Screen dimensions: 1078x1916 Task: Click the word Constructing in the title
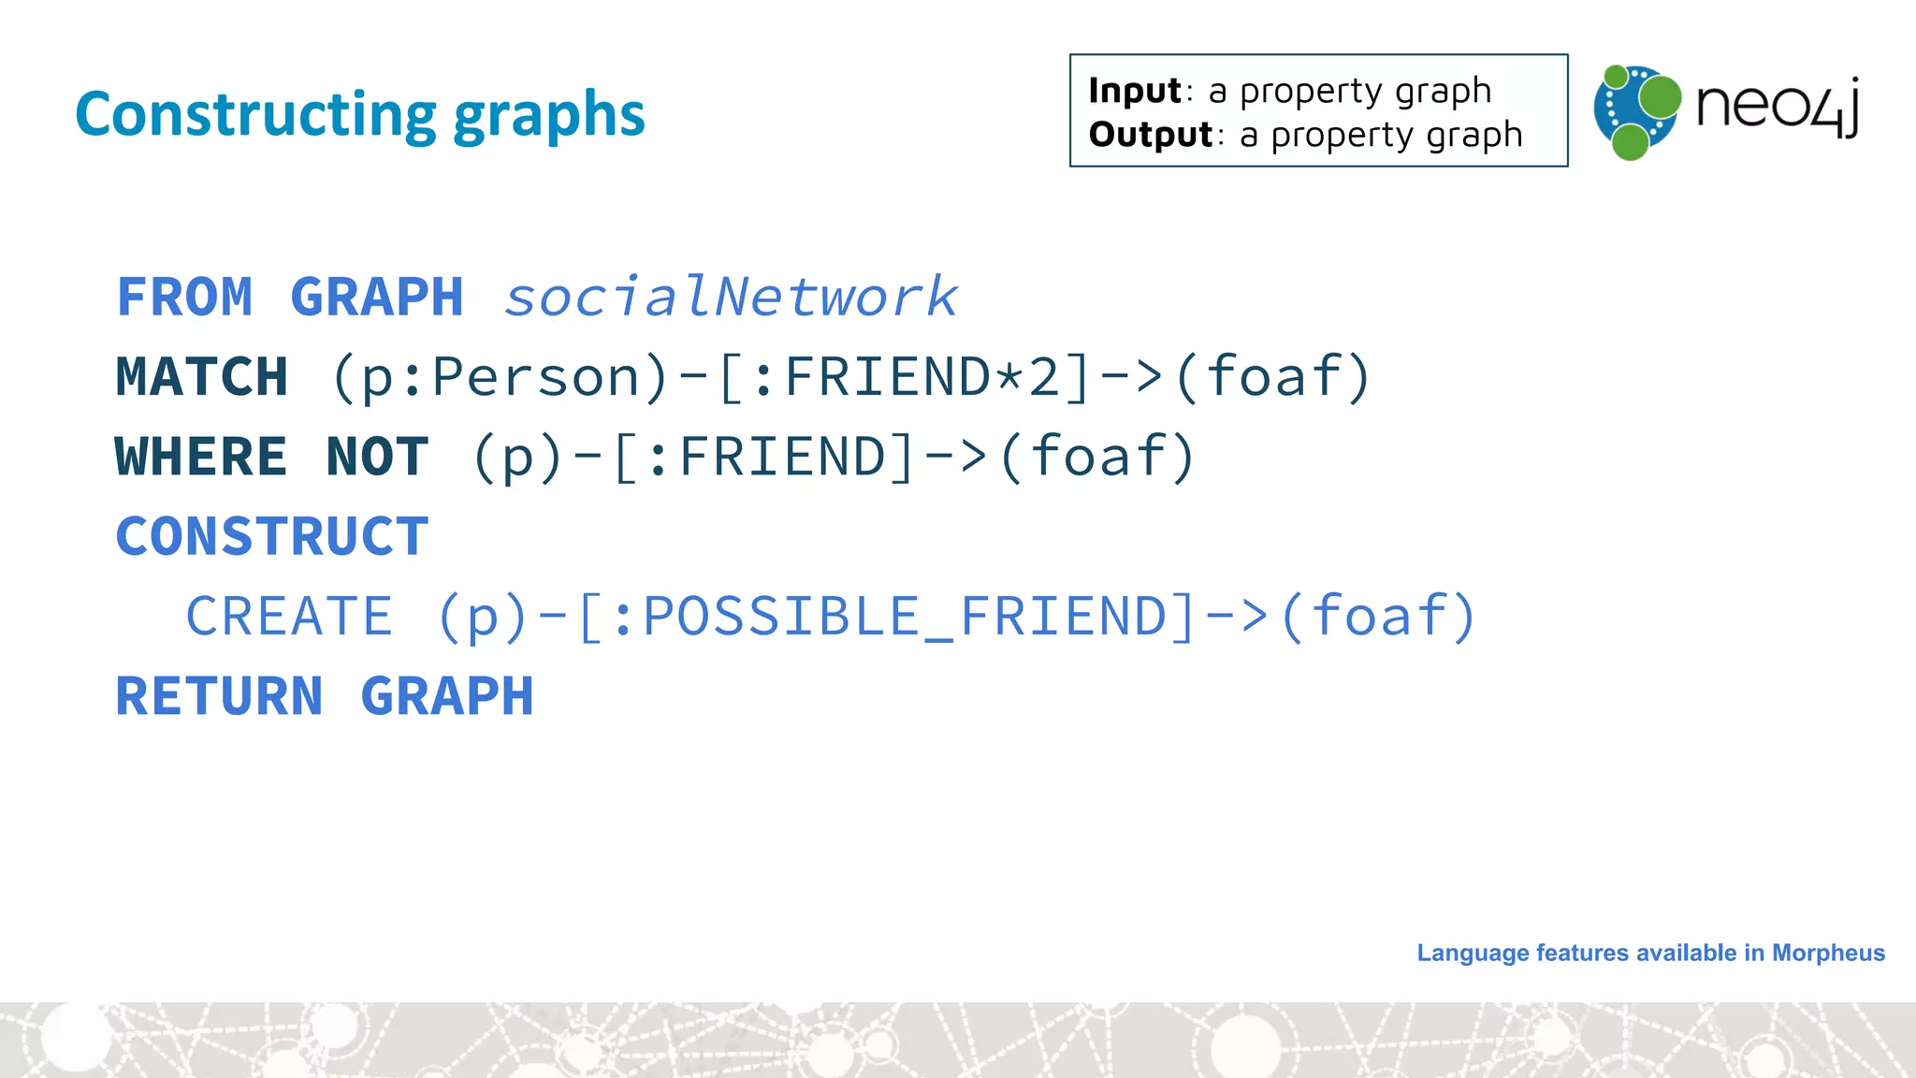pos(255,115)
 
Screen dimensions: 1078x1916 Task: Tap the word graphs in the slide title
pos(549,115)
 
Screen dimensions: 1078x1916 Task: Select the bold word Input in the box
pos(1135,92)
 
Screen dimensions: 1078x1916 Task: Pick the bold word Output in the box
pos(1150,135)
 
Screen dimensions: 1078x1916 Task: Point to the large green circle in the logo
pos(1660,96)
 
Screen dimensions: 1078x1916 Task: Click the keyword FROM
pos(184,298)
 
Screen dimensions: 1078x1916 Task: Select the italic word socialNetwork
pos(731,298)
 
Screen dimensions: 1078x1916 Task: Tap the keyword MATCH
pos(202,377)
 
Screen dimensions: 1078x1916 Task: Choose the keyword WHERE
pos(201,457)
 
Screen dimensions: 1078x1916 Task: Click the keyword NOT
pos(377,457)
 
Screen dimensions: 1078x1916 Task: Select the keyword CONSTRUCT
pos(272,536)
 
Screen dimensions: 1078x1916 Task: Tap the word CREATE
pos(289,616)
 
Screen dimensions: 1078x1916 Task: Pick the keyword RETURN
pos(219,696)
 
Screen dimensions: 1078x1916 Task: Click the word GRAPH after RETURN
pos(447,696)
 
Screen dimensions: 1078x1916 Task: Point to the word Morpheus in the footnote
pos(1828,953)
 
